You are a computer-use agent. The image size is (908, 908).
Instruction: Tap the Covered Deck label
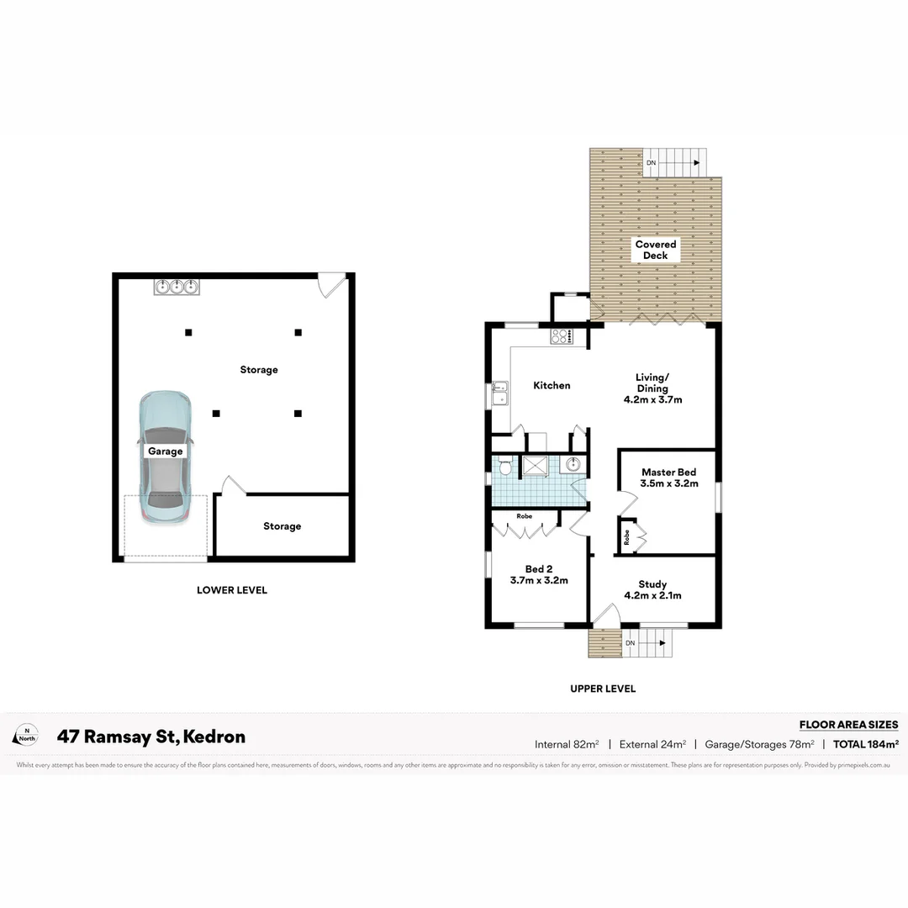point(656,250)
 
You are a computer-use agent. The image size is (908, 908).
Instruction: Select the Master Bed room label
point(668,478)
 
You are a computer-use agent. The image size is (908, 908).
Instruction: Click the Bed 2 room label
point(539,574)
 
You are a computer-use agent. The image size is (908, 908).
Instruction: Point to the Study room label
point(652,589)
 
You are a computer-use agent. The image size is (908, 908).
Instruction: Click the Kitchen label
point(552,385)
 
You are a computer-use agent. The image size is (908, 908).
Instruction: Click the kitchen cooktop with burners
point(561,337)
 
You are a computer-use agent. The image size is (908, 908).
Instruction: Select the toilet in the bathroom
point(504,465)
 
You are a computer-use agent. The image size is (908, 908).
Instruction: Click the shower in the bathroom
point(535,465)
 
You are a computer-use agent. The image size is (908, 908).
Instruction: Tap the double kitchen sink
point(500,393)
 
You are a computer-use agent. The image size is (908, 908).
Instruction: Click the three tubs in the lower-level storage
point(177,287)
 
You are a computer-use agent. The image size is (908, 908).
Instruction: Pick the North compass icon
point(26,736)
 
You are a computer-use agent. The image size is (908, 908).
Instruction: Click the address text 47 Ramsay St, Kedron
point(151,737)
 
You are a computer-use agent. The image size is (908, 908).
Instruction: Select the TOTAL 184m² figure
point(866,744)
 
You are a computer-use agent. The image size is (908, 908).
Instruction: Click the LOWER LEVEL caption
point(231,590)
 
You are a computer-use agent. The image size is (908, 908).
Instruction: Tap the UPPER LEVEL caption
point(603,689)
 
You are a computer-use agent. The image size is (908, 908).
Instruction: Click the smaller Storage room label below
point(282,526)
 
